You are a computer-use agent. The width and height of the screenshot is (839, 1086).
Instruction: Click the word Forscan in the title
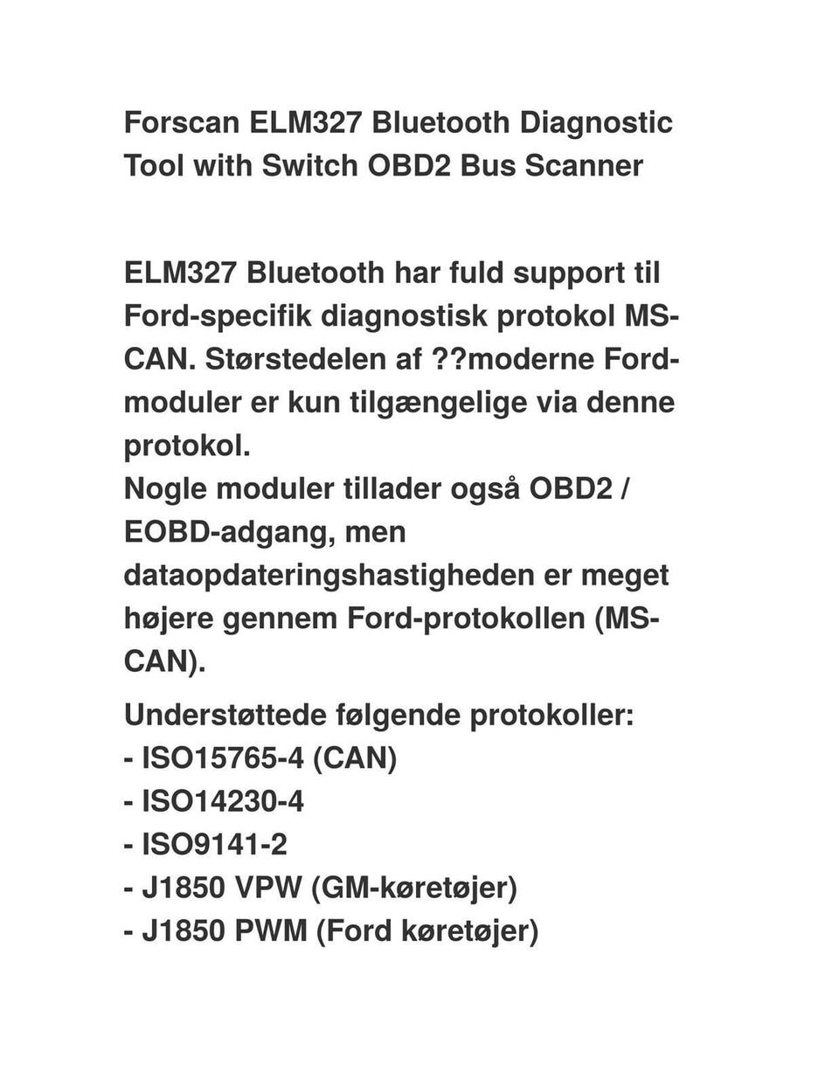click(x=182, y=122)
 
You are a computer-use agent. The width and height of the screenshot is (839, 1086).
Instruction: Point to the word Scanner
click(x=584, y=165)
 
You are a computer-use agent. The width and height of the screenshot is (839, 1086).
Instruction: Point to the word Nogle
click(x=165, y=488)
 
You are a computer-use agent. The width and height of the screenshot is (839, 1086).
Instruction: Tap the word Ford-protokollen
click(x=465, y=619)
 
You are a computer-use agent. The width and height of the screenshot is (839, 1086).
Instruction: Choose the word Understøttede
click(x=224, y=715)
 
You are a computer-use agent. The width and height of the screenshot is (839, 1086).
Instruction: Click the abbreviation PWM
click(x=271, y=931)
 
